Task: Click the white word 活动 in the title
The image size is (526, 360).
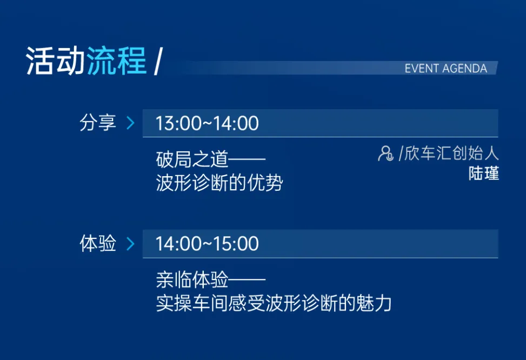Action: (x=55, y=61)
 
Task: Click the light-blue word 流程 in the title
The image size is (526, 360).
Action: (x=117, y=61)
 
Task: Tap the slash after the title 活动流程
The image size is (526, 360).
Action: (x=158, y=61)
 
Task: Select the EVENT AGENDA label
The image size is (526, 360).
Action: (x=446, y=69)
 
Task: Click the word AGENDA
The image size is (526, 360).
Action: (x=464, y=69)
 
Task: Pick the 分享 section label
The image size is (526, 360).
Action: (x=98, y=123)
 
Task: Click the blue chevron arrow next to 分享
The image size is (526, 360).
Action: (x=130, y=123)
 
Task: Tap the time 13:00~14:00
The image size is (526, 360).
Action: (x=207, y=123)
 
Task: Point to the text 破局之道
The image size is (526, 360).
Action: (x=192, y=159)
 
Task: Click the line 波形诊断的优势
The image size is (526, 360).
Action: (x=219, y=183)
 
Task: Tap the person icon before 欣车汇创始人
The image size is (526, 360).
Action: (x=385, y=154)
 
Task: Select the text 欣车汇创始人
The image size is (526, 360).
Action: (x=451, y=154)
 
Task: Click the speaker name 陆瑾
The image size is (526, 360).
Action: (x=484, y=174)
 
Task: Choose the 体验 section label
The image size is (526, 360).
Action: (x=98, y=243)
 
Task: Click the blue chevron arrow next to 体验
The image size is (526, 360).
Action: (x=130, y=244)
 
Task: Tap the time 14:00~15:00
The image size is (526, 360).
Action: (x=207, y=244)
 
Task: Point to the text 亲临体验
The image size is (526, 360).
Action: (x=192, y=280)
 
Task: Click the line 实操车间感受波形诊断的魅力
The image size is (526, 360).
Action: (x=274, y=303)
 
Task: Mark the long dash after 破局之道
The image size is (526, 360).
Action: (x=247, y=159)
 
